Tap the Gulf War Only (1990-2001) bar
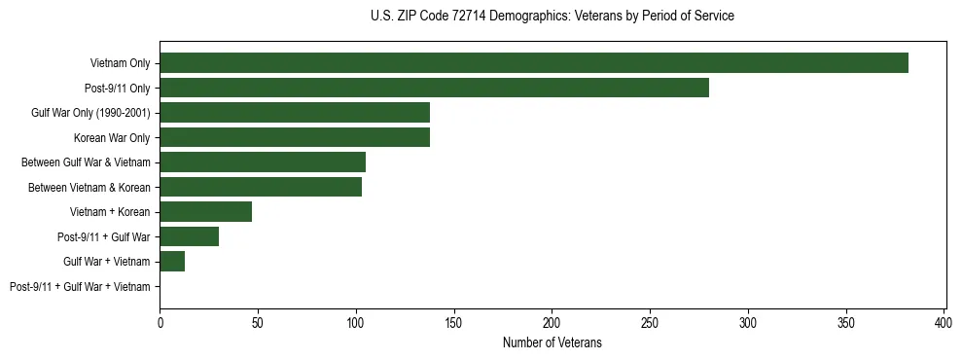295,113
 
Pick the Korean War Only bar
295,137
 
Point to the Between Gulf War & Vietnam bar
263,162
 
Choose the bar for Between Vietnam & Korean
261,187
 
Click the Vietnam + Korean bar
206,212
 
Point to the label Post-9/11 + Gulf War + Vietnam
80,286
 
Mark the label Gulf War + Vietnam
107,262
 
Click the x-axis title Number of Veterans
552,342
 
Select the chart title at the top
552,17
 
